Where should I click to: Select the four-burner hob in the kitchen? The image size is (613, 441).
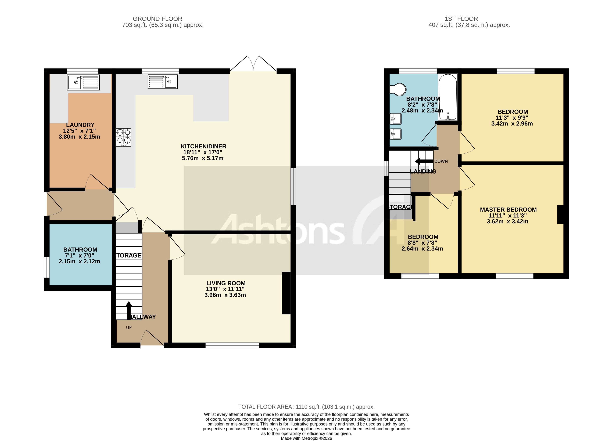click(x=124, y=137)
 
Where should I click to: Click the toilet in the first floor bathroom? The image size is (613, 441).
click(x=398, y=89)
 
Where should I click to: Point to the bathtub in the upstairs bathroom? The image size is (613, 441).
click(x=448, y=97)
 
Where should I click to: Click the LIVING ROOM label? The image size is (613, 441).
click(x=226, y=283)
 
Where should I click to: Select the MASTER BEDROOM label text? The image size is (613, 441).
click(x=508, y=210)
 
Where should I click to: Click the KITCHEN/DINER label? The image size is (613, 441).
click(x=203, y=146)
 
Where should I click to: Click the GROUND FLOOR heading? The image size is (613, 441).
click(x=157, y=19)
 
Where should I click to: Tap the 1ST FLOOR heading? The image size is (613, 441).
click(x=461, y=19)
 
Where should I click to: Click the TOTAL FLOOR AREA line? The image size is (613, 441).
click(x=306, y=407)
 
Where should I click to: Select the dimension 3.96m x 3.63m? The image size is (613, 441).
click(x=225, y=295)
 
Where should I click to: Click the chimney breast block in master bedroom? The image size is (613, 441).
click(x=560, y=215)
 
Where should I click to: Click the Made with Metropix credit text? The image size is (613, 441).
click(x=306, y=438)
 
